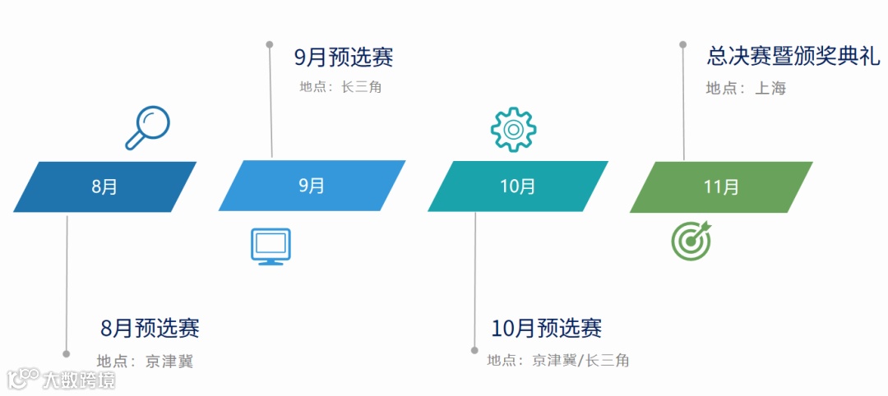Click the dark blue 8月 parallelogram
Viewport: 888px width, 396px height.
(x=105, y=186)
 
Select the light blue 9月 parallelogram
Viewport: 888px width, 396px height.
(x=312, y=186)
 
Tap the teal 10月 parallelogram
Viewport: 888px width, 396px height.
(x=517, y=186)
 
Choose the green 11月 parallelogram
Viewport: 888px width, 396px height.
(x=721, y=187)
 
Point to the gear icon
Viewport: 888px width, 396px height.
(x=513, y=129)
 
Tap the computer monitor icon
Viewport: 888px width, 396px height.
(x=271, y=246)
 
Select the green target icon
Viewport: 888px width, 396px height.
(x=691, y=241)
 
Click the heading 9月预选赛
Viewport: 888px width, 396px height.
(x=344, y=58)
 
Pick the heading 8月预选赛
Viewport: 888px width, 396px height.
(x=150, y=329)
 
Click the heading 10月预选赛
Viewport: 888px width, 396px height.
(x=547, y=329)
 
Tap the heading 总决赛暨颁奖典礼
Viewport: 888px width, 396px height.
(x=793, y=56)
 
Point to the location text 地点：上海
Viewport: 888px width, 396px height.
(x=746, y=88)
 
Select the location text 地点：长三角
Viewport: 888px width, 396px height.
(x=340, y=86)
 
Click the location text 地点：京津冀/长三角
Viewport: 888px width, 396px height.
(x=558, y=360)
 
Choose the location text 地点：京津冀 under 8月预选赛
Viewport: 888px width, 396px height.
(x=145, y=361)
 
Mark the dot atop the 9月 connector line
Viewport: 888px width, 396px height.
(x=270, y=44)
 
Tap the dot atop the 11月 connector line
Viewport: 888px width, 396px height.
(x=682, y=44)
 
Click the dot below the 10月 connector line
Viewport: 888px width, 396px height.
(x=474, y=350)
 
